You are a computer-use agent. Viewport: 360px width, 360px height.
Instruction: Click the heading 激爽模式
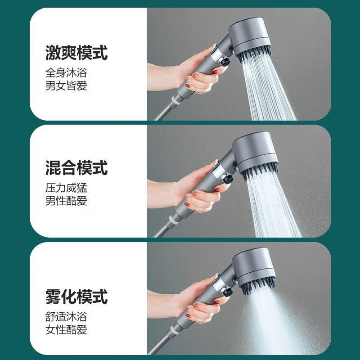[76, 53]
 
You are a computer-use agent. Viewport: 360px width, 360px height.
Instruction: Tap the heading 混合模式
[76, 168]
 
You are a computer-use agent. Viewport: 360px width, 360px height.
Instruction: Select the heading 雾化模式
[76, 297]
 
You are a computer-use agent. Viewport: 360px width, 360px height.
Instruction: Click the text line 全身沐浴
[66, 72]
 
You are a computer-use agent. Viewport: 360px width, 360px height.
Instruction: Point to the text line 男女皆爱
[66, 85]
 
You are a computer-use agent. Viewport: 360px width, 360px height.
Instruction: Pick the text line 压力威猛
[66, 188]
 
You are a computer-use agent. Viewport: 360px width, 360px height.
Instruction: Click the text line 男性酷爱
[66, 201]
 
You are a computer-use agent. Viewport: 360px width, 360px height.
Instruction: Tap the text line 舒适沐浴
[66, 316]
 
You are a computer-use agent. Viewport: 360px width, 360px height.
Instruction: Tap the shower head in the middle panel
[254, 155]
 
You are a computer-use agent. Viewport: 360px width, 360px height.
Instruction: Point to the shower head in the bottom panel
[254, 272]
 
